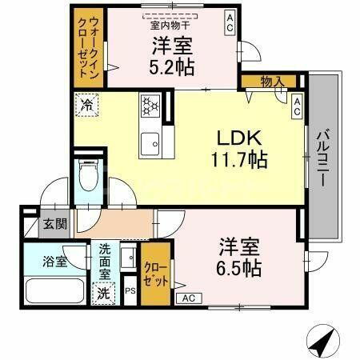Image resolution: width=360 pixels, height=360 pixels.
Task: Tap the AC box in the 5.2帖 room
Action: [x=230, y=20]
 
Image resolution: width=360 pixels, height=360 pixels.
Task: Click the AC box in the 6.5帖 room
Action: [x=190, y=298]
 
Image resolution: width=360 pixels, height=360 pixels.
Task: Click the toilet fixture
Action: [x=88, y=177]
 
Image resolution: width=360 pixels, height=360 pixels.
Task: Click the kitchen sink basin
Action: [x=150, y=145]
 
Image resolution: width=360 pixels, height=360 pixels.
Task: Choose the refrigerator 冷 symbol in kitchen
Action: [x=86, y=104]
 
